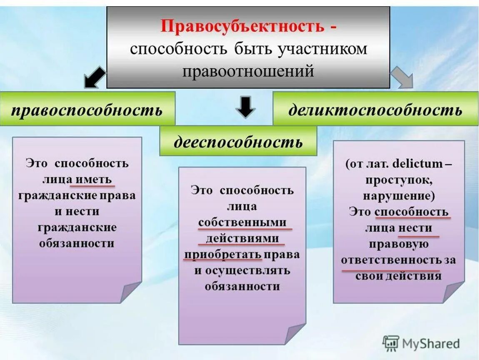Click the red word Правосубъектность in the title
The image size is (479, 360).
pos(242,26)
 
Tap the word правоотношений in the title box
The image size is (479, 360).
pos(248,71)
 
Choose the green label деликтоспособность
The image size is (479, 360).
pos(375,110)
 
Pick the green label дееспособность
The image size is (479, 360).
pos(238,142)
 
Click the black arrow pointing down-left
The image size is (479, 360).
pos(94,77)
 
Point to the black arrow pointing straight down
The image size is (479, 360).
pos(246,106)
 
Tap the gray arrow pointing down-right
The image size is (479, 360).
pos(402,77)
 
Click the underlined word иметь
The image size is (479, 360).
pos(95,179)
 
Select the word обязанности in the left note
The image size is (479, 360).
pos(77,243)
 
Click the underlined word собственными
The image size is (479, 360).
pos(245,222)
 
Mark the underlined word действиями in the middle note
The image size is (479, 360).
pos(242,239)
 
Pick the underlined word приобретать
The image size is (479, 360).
pos(223,255)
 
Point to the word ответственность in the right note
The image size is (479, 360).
pos(391,260)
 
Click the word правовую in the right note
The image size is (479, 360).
pos(399,244)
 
